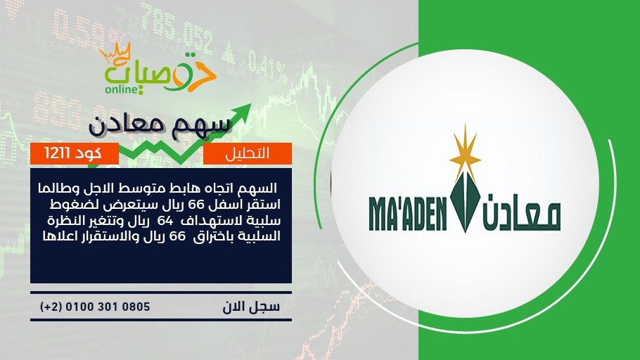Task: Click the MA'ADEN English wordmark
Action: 408,214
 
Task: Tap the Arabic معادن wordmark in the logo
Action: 522,212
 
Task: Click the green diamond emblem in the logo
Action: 465,202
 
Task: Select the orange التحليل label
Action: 248,153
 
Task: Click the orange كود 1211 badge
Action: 75,153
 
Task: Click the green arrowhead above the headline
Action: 242,112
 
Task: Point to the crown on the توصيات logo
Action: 115,53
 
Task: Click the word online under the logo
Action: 121,89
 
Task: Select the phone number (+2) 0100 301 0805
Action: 95,307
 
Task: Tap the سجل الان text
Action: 251,307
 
